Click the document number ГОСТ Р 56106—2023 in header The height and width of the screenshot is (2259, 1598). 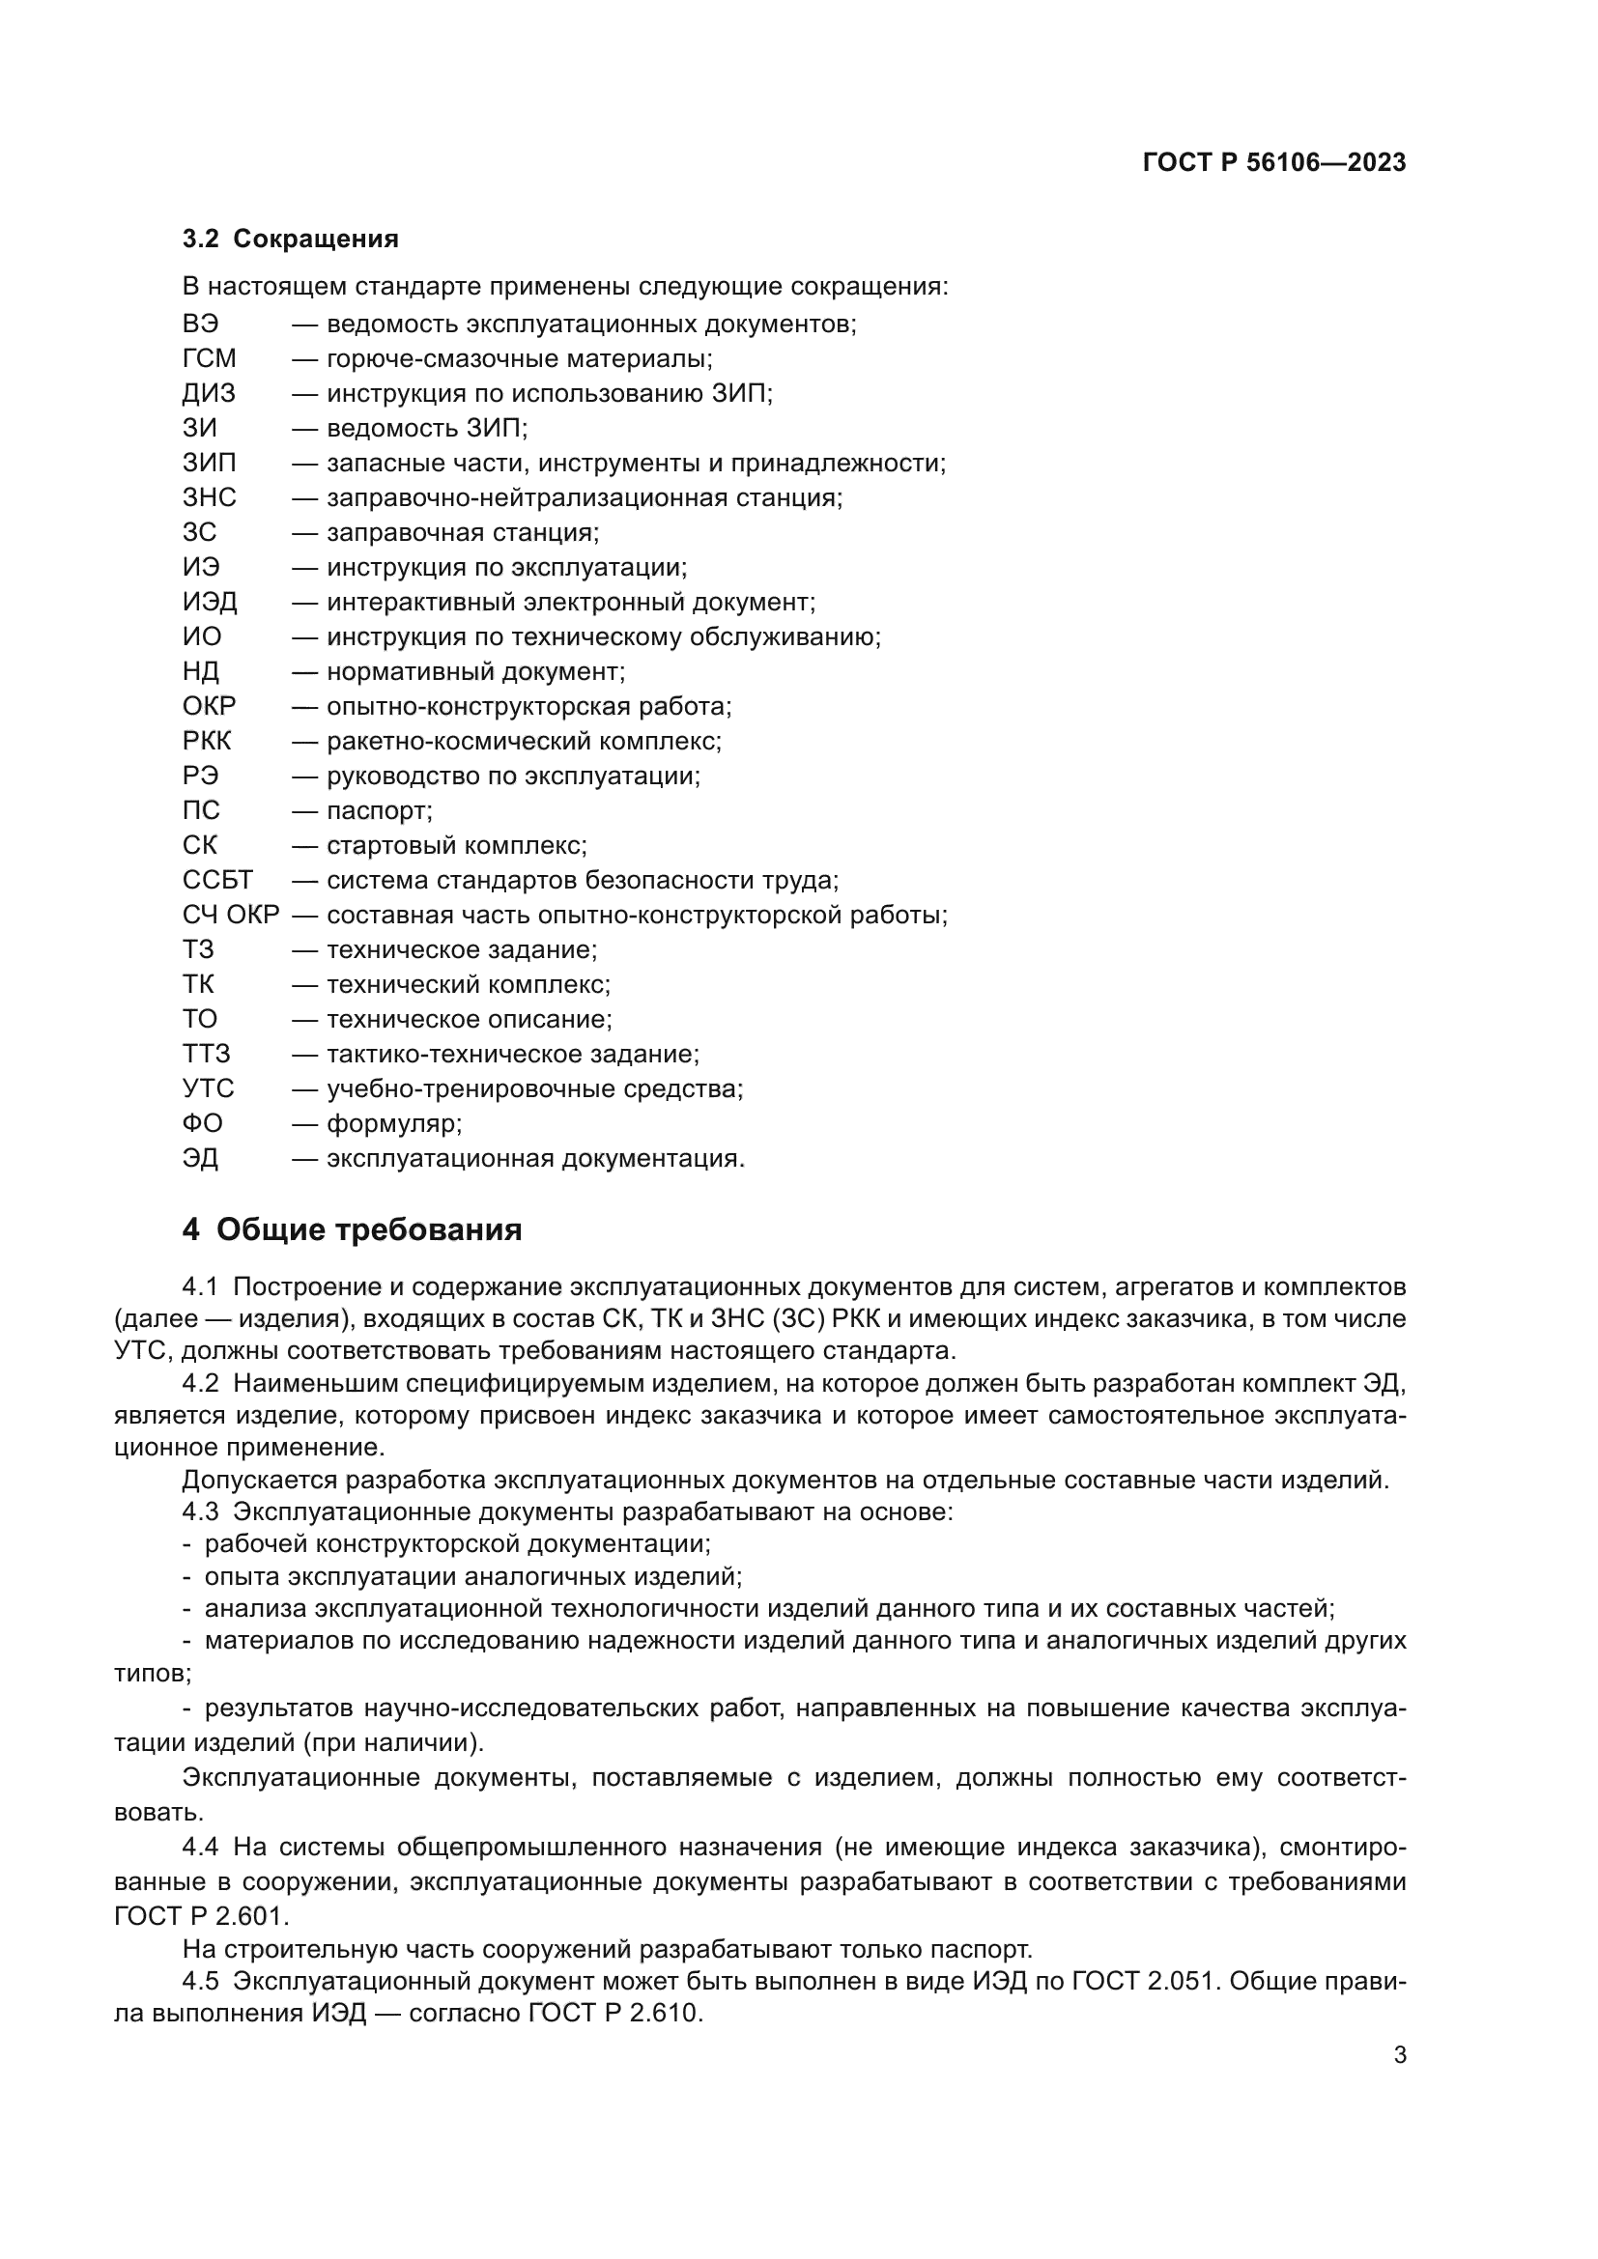[1273, 163]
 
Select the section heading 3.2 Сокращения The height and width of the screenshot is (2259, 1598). [290, 240]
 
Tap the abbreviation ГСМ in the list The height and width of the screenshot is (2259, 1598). [209, 359]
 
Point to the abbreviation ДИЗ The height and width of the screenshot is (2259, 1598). [209, 393]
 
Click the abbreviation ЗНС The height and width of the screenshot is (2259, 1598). [209, 497]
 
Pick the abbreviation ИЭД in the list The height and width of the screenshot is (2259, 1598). [209, 602]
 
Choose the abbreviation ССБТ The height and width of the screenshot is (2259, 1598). [217, 881]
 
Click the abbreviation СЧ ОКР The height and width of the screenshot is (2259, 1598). [231, 915]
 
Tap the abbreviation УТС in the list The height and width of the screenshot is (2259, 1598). [208, 1089]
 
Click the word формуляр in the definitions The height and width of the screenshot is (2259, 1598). [393, 1123]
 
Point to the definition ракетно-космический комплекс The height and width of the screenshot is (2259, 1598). [524, 742]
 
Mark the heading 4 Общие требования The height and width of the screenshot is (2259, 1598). [353, 1229]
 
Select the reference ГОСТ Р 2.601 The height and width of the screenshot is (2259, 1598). [202, 1916]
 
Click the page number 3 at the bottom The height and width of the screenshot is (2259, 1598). [1399, 2055]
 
